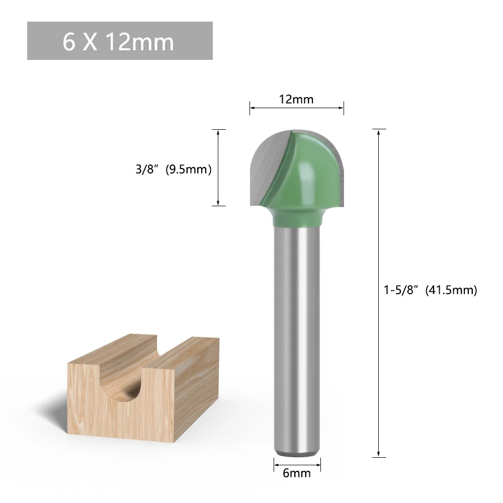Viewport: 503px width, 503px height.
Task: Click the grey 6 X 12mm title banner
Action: (x=120, y=41)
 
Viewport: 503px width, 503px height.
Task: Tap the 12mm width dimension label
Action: (x=296, y=100)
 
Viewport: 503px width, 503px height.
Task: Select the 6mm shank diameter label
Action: (x=297, y=473)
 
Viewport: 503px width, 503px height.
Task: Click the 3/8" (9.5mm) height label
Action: (x=174, y=169)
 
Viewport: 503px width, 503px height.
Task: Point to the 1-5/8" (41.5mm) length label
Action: (x=431, y=290)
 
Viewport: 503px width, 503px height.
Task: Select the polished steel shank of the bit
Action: (x=297, y=340)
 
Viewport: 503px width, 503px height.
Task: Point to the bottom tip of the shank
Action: (x=297, y=454)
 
